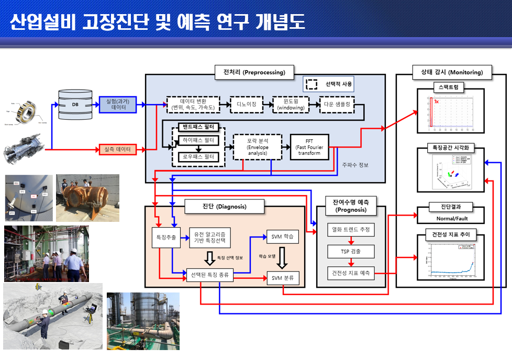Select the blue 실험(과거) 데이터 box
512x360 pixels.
[118, 105]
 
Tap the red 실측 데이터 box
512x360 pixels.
[118, 150]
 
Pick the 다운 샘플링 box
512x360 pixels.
[337, 105]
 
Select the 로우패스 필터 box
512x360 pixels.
[198, 156]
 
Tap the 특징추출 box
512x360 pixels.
[165, 237]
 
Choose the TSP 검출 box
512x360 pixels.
[351, 251]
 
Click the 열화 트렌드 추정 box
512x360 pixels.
[351, 229]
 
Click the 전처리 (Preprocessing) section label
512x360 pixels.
[254, 72]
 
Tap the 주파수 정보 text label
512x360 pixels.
[355, 165]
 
